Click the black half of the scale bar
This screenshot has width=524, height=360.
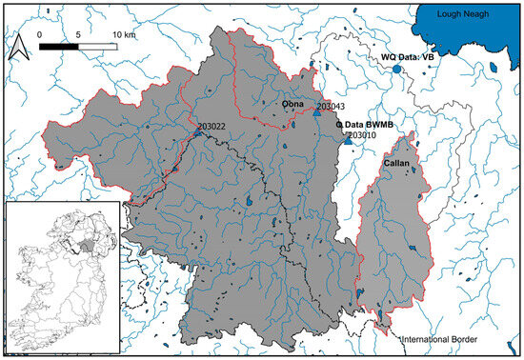pyautogui.click(x=59, y=44)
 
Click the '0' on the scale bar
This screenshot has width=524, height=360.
pyautogui.click(x=41, y=33)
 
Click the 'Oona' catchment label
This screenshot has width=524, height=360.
pyautogui.click(x=291, y=104)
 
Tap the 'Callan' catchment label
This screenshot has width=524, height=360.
pyautogui.click(x=395, y=165)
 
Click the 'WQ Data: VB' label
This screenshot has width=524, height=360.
pyautogui.click(x=408, y=58)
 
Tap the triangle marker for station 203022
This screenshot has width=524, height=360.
pyautogui.click(x=198, y=134)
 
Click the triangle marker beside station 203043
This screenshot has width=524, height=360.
pyautogui.click(x=317, y=112)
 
